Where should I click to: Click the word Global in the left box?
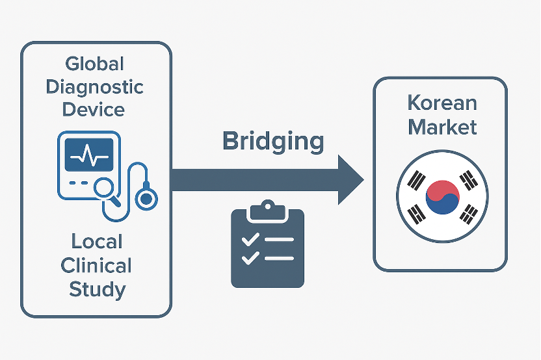95,64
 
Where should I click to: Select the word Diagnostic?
95,86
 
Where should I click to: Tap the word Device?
95,109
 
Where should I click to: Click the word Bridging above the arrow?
273,142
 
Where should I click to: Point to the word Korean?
442,103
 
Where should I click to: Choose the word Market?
442,126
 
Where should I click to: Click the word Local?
96,242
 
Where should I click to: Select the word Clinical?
96,265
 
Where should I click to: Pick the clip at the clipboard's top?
268,210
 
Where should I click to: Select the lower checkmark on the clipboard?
250,259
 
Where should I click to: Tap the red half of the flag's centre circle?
442,188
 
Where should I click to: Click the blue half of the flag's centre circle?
443,205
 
